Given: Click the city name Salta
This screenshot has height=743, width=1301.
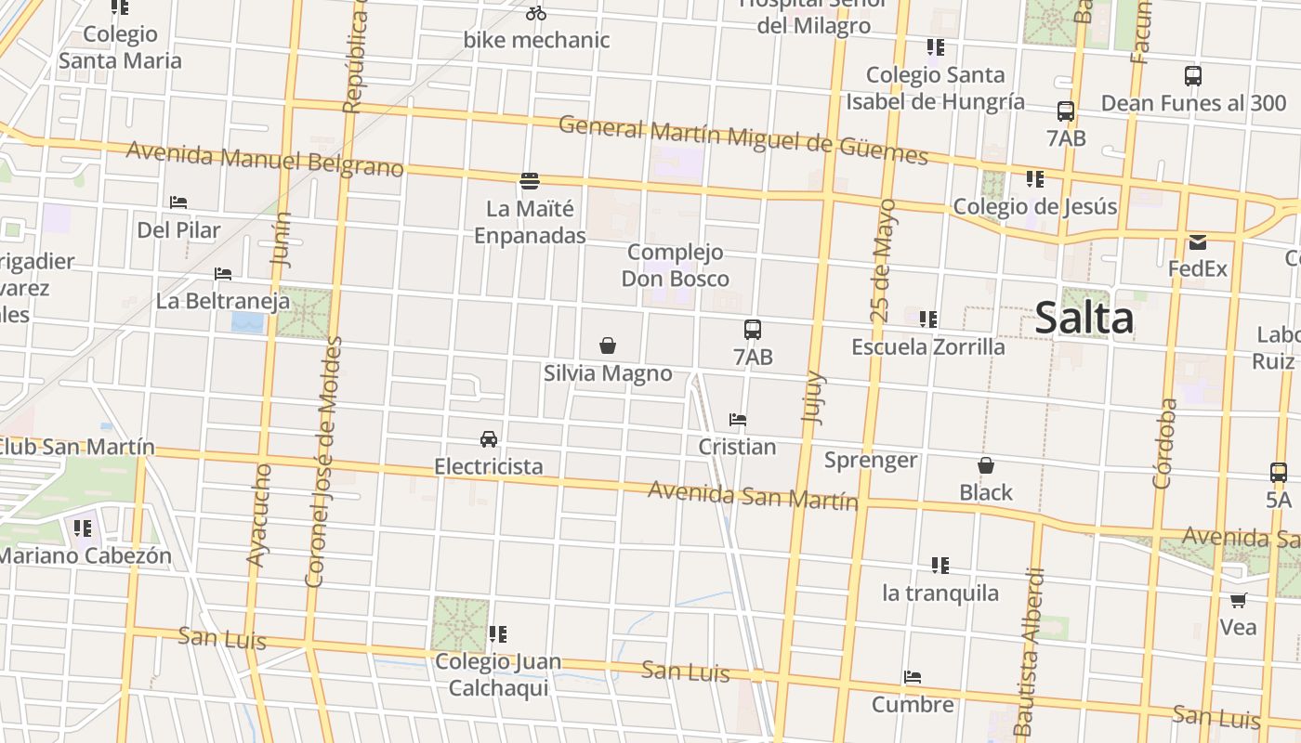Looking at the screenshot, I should (1084, 318).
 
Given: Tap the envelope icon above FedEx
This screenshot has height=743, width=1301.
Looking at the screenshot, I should (1198, 242).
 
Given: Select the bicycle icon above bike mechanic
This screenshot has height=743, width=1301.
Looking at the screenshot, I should (536, 13).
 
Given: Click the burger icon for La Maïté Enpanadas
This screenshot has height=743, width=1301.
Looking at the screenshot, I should (530, 180).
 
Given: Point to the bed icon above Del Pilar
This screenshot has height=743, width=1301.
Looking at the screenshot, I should (178, 202).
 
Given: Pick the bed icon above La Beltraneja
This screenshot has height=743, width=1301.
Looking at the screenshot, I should (223, 274).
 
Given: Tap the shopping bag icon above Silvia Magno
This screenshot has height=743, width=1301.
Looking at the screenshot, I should (608, 346).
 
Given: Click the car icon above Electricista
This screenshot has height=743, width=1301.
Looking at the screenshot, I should (489, 438).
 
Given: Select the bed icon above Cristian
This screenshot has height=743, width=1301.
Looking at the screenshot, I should (738, 420).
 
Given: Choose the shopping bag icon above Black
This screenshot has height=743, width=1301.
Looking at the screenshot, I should (986, 465).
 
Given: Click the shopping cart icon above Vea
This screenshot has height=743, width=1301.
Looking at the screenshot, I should (1238, 600).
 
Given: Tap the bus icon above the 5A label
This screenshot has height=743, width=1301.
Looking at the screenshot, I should (1279, 473).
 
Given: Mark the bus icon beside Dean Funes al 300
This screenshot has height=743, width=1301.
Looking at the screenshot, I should (1193, 76).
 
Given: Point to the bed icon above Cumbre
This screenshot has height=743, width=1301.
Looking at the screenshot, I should (913, 677).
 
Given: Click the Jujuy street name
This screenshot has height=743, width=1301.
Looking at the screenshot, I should (813, 398).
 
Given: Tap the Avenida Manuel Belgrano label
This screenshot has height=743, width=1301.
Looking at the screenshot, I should (265, 159).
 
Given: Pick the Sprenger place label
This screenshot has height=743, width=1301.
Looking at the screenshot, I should (871, 460).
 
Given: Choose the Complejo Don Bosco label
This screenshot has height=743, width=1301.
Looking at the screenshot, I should (675, 266).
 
